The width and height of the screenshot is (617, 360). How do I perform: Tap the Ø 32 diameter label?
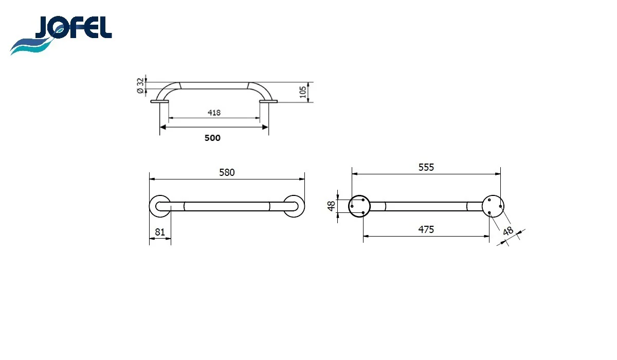pyautogui.click(x=140, y=86)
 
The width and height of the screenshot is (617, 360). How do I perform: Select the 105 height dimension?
pyautogui.click(x=303, y=92)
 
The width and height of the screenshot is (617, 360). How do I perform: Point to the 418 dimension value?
pyautogui.click(x=214, y=113)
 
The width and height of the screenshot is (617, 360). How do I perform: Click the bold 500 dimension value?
pyautogui.click(x=212, y=138)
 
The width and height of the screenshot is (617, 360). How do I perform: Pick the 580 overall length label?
pyautogui.click(x=227, y=172)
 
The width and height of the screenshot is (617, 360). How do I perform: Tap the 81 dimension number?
pyautogui.click(x=160, y=232)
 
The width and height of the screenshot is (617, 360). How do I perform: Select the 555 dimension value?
pyautogui.click(x=426, y=167)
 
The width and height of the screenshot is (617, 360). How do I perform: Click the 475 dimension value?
pyautogui.click(x=426, y=229)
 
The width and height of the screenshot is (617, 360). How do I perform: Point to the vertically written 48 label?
pyautogui.click(x=331, y=206)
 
